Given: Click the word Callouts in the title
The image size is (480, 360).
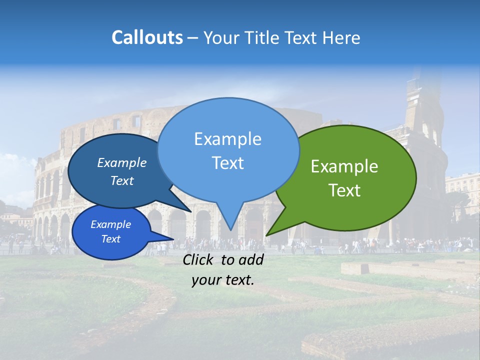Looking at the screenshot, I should point(147,37).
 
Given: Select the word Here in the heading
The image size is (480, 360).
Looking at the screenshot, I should point(341,37).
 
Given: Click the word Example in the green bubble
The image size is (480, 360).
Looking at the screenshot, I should point(344,166).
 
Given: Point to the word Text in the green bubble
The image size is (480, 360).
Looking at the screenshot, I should point(344,190).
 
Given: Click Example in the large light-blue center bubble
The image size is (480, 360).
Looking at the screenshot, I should point(227,139).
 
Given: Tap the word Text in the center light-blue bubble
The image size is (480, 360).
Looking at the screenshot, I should point(227,163).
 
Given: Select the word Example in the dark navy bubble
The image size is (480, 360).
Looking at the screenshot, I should point(121,163).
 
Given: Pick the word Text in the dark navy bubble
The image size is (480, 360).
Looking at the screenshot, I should point(121,180).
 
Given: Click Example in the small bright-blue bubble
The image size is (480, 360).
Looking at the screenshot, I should point(110,224).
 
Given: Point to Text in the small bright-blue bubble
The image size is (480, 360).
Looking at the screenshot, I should point(110,239).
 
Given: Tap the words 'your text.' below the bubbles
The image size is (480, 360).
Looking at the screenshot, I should point(222,280).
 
